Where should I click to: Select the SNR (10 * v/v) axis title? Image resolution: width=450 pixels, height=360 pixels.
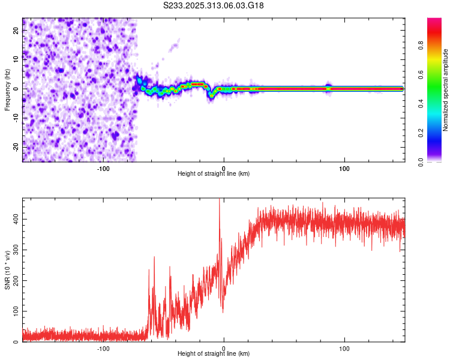[x=7, y=270]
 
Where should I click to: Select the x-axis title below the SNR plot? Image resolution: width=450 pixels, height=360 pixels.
[x=214, y=354]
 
